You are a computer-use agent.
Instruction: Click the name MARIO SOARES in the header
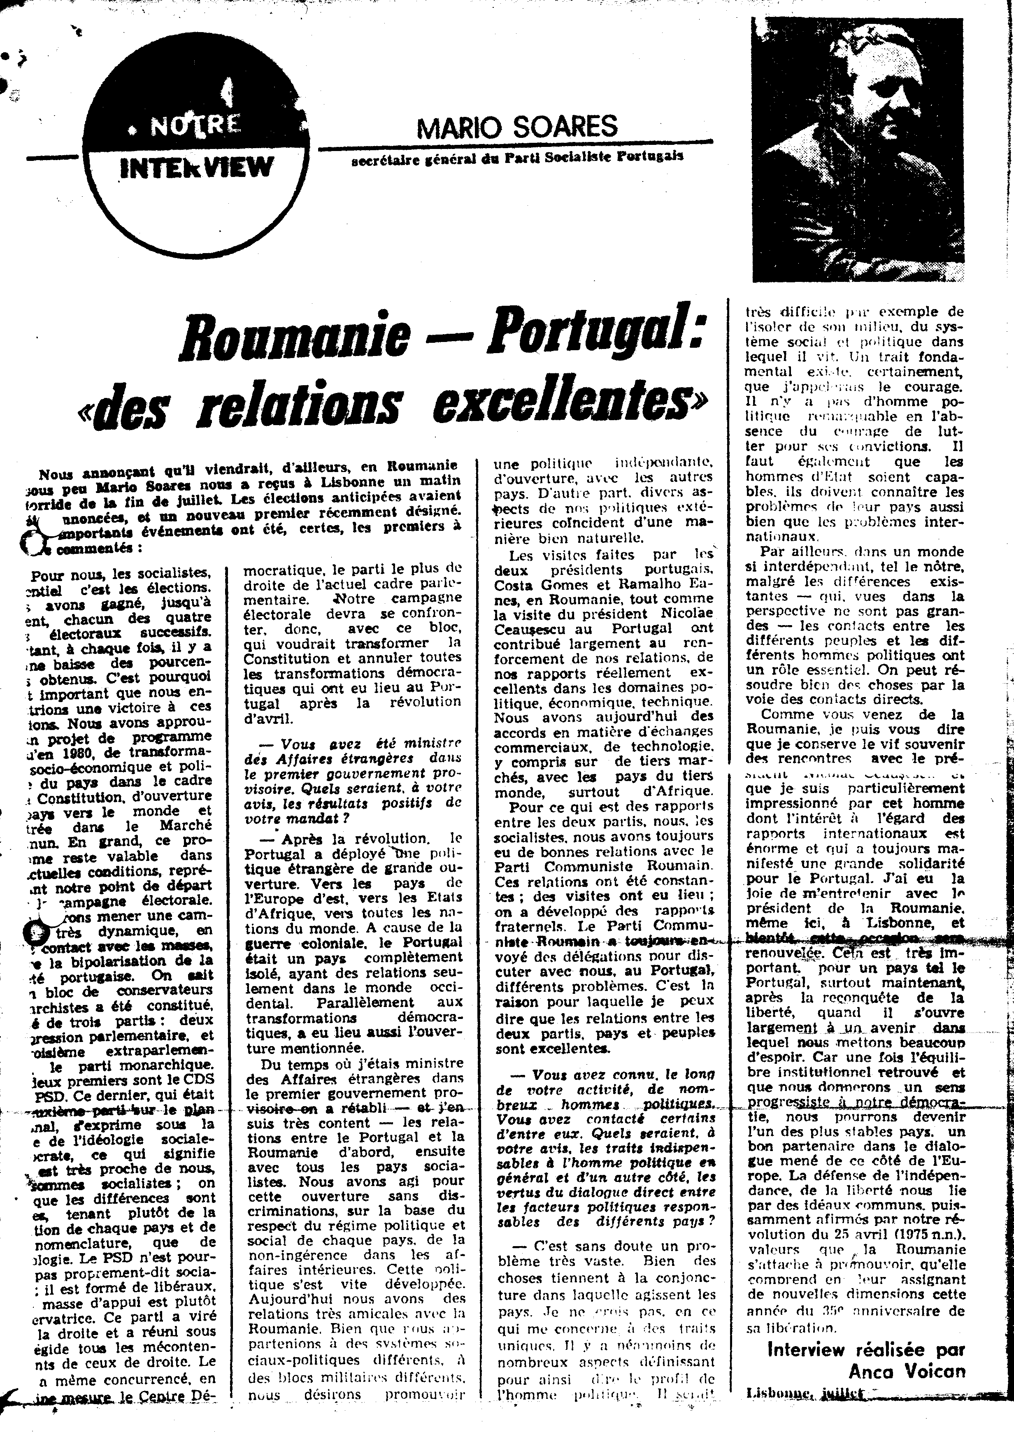click(x=517, y=128)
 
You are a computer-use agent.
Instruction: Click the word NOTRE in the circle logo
click(x=195, y=125)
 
